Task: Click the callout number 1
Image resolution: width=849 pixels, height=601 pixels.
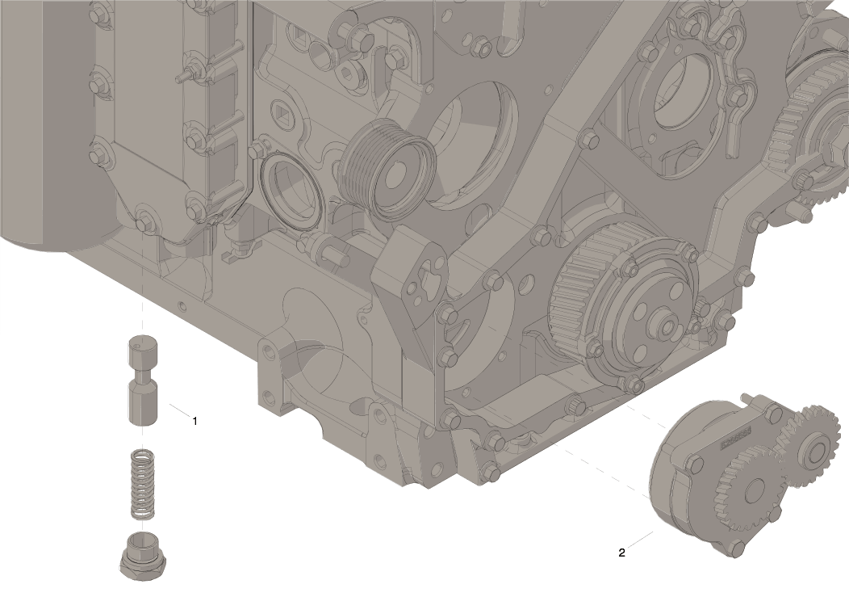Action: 194,420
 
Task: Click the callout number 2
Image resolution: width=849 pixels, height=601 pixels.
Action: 621,553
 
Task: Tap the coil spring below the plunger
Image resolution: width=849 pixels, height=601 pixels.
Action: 143,484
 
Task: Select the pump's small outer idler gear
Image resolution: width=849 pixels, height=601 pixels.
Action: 811,447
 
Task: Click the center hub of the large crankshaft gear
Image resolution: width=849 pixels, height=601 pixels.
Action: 666,326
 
